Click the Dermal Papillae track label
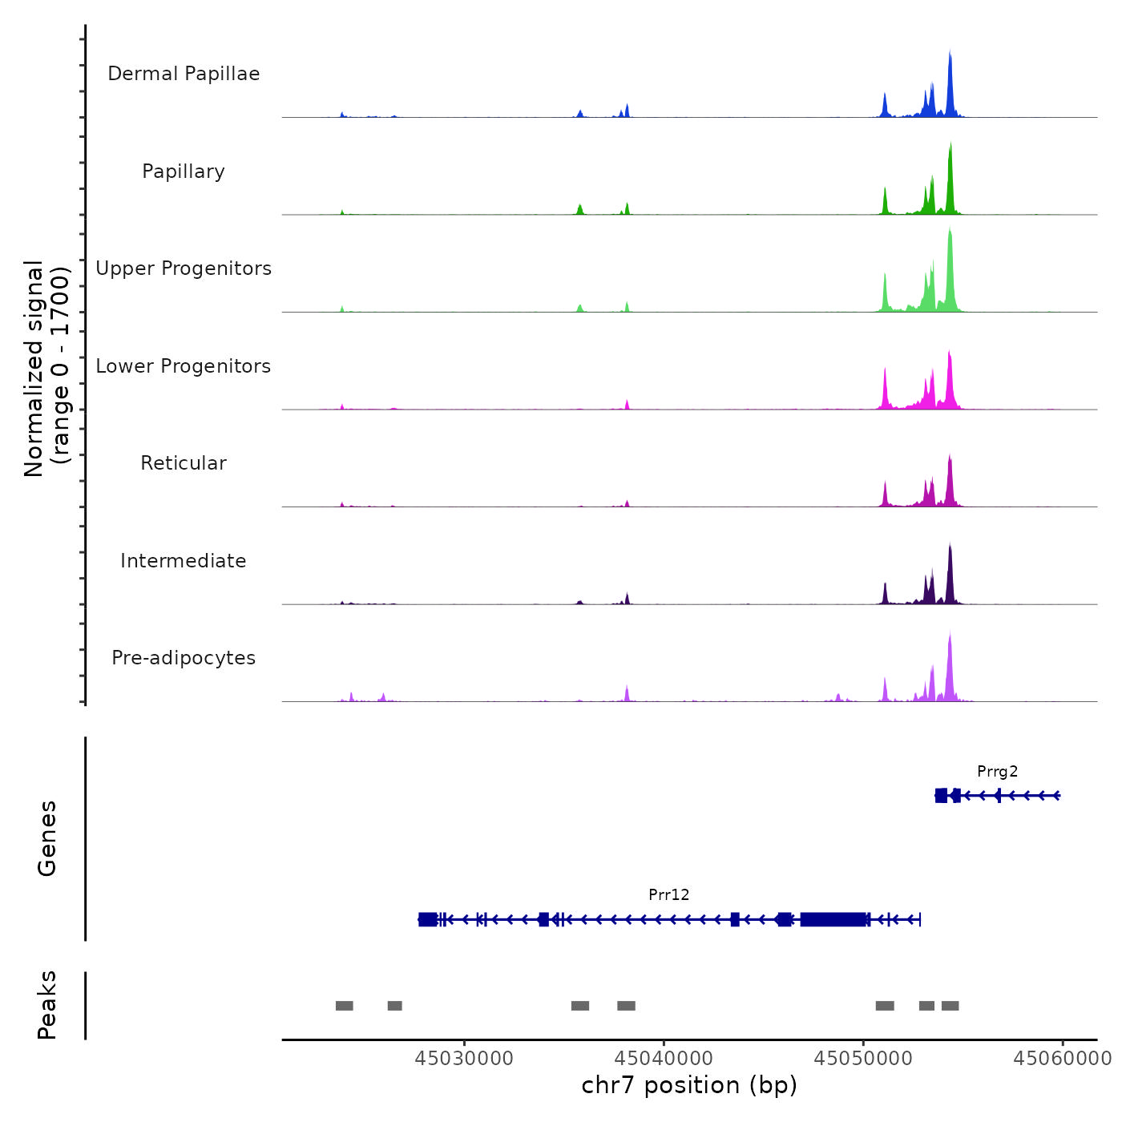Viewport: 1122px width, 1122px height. coord(184,74)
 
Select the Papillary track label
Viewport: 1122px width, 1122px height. coord(184,172)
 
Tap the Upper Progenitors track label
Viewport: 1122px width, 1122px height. coord(184,268)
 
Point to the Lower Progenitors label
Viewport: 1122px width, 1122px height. coord(184,366)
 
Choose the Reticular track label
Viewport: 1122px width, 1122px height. coord(184,463)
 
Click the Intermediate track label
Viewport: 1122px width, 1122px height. coord(184,561)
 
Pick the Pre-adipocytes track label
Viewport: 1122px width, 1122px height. coord(184,658)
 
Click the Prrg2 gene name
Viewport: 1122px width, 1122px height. coord(997,772)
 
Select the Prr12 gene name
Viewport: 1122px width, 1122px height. coord(668,895)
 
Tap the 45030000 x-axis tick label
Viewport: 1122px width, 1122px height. coord(464,1059)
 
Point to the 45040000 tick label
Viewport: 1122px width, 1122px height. coord(664,1059)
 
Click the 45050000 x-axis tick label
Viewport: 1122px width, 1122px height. coord(863,1059)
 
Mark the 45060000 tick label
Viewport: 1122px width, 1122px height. coord(1063,1059)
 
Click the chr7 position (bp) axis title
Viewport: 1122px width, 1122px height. coord(689,1085)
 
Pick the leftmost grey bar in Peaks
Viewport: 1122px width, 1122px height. coord(344,1006)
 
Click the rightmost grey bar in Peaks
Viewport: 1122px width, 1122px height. coord(950,1006)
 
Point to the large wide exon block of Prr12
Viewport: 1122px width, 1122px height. coord(833,919)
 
